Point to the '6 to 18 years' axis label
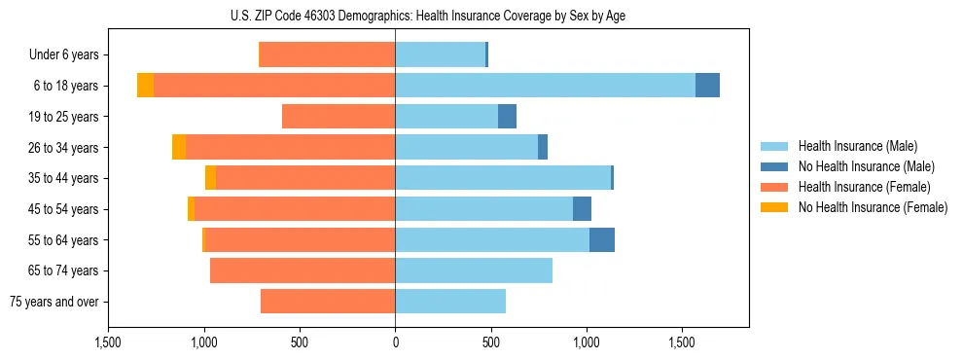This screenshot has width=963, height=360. tap(65, 86)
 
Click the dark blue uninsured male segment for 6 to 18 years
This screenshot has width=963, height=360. tap(707, 86)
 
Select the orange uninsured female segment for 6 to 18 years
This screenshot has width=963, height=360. tap(145, 86)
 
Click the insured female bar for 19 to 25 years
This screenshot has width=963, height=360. tap(339, 117)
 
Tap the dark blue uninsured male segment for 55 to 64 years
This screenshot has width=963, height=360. tap(601, 239)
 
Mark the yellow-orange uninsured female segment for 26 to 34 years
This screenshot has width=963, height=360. tap(179, 147)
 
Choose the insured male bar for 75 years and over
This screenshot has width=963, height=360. tap(450, 302)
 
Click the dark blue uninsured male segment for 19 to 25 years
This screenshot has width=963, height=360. tap(507, 117)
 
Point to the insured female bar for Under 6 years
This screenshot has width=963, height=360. tap(328, 55)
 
